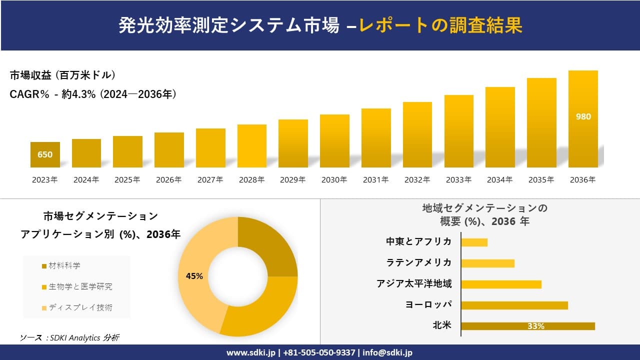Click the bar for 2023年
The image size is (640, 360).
click(x=45, y=155)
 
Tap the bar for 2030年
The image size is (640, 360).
click(x=334, y=141)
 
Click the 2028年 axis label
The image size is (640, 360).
click(x=251, y=180)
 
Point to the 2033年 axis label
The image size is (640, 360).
click(x=458, y=180)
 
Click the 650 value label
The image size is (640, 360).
click(x=45, y=154)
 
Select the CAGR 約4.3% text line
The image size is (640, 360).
click(x=93, y=94)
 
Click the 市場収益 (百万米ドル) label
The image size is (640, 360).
click(x=63, y=75)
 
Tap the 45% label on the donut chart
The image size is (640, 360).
click(x=194, y=276)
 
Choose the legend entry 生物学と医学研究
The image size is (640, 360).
click(x=80, y=286)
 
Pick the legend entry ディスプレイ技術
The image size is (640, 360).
click(x=80, y=307)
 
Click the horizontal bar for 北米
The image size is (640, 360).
click(x=527, y=326)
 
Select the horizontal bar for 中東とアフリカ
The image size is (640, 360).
click(x=474, y=242)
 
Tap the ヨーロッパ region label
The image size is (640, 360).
click(x=428, y=304)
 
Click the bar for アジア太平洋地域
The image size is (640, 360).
click(x=501, y=284)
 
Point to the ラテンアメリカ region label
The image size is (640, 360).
click(x=418, y=262)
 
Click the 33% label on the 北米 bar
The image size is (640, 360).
click(x=535, y=326)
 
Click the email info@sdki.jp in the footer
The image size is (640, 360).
click(x=388, y=352)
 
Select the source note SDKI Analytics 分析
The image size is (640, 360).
click(x=69, y=337)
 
